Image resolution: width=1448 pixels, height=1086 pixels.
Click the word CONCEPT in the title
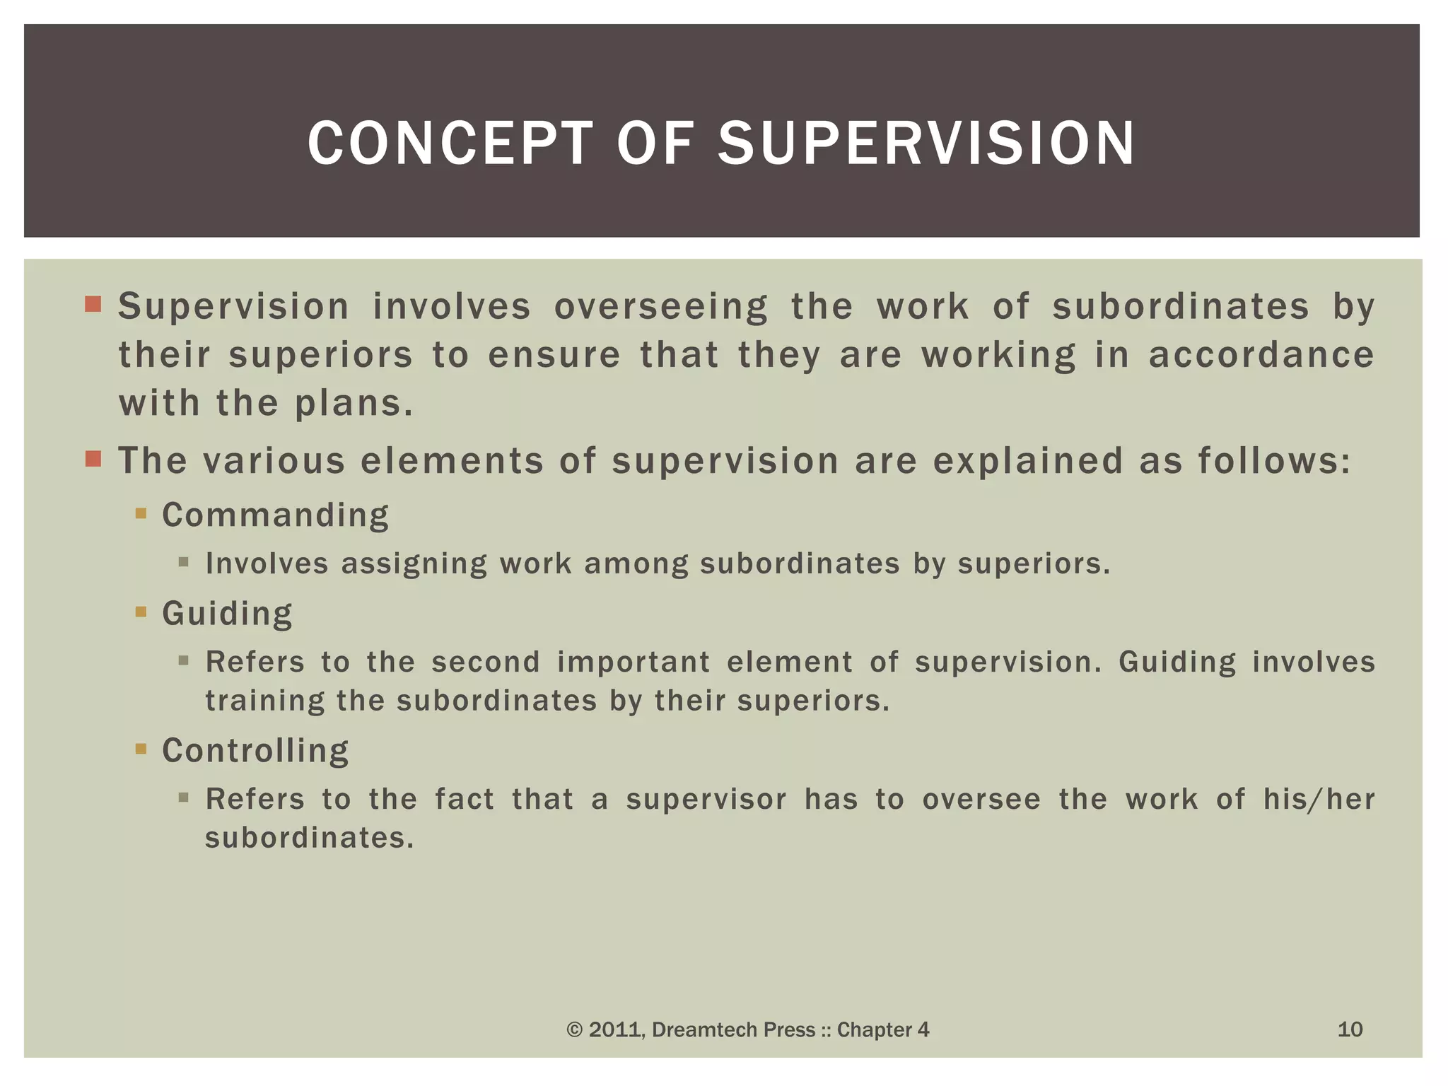pyautogui.click(x=450, y=144)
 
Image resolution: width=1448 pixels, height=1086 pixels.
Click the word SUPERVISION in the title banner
pyautogui.click(x=926, y=144)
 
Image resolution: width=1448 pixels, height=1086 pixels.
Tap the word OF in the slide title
pyautogui.click(x=655, y=144)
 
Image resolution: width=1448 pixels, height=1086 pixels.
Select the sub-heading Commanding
pyautogui.click(x=275, y=515)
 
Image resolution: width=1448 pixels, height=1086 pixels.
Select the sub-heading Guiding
pyautogui.click(x=227, y=613)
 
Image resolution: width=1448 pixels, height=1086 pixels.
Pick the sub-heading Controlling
pyautogui.click(x=255, y=750)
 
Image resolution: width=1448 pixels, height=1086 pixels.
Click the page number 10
pyautogui.click(x=1350, y=1029)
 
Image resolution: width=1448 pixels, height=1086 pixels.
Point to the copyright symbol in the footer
pyautogui.click(x=575, y=1030)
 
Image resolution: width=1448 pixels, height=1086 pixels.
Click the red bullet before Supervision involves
pyautogui.click(x=93, y=305)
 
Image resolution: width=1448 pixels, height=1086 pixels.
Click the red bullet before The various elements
pyautogui.click(x=93, y=459)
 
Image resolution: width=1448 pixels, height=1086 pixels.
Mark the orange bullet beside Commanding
pyautogui.click(x=141, y=513)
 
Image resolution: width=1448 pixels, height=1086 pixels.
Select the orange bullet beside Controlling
pyautogui.click(x=141, y=749)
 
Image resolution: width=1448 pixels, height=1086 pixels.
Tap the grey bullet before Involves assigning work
pyautogui.click(x=184, y=563)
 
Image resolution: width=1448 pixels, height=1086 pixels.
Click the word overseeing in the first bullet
pyautogui.click(x=660, y=308)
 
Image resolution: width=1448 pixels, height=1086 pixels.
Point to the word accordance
pyautogui.click(x=1261, y=355)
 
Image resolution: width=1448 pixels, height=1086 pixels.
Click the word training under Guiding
pyautogui.click(x=264, y=701)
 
